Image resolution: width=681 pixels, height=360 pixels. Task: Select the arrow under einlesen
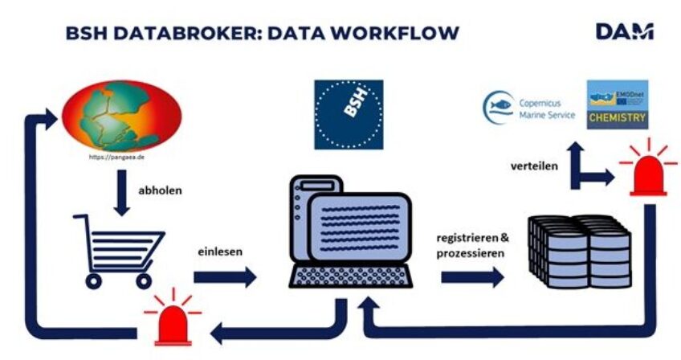(225, 277)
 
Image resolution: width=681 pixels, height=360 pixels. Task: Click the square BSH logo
(347, 114)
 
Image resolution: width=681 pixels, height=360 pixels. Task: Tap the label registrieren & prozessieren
(472, 245)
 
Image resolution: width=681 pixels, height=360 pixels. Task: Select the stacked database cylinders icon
(578, 250)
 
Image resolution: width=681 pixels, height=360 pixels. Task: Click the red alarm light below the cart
(172, 321)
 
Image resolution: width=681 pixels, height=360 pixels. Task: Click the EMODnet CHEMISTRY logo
(617, 104)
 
